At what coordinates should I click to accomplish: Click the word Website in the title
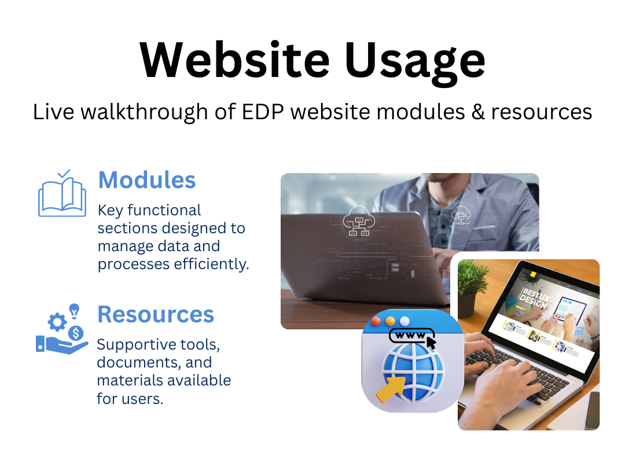(x=235, y=60)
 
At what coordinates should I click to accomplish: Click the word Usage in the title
(x=415, y=63)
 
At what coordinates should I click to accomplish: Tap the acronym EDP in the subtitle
(x=263, y=112)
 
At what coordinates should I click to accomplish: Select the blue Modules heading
(x=147, y=180)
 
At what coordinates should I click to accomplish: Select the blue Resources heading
(x=156, y=314)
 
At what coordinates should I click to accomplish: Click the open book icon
(x=62, y=197)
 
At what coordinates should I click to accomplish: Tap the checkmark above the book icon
(x=64, y=174)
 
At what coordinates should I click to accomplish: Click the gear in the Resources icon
(x=57, y=322)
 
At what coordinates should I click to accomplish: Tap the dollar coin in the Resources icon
(x=76, y=333)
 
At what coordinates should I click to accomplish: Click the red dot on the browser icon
(x=376, y=321)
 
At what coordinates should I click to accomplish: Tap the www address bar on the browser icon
(x=411, y=336)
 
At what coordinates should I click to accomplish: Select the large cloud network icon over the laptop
(x=359, y=221)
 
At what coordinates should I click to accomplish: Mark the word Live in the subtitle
(x=53, y=112)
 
